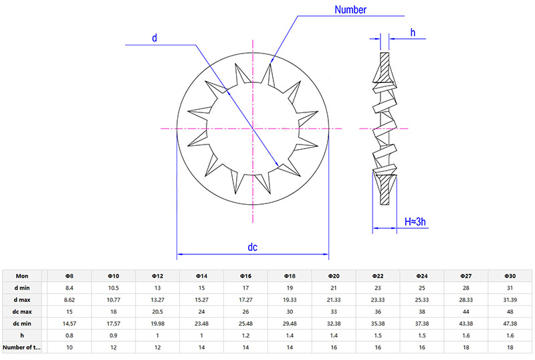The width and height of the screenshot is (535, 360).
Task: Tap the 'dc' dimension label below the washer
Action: tap(253, 247)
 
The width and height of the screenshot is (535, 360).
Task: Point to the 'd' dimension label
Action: tap(154, 38)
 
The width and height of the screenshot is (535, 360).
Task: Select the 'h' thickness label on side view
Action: tap(413, 31)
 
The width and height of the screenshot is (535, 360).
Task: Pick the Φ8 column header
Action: tap(68, 276)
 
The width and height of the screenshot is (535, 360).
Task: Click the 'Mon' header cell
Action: tap(21, 276)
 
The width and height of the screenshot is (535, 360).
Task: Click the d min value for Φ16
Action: tap(245, 288)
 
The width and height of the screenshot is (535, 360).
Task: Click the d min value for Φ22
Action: tap(377, 288)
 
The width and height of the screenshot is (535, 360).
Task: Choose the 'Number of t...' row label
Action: tap(21, 348)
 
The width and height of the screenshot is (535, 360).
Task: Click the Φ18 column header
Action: tap(289, 276)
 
